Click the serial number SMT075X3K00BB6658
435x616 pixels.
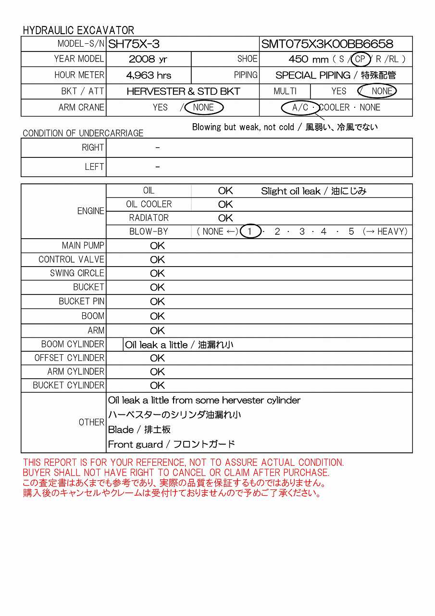(x=327, y=44)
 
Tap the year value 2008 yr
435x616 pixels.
(x=148, y=60)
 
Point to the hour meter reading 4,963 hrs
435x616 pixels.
(x=149, y=76)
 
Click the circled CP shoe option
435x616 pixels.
(x=360, y=60)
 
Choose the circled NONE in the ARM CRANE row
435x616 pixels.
(x=204, y=107)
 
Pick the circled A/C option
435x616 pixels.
(x=300, y=107)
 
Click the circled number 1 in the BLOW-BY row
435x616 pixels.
(x=250, y=231)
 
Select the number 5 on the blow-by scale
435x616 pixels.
(x=351, y=231)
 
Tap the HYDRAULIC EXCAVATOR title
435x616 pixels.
(x=78, y=30)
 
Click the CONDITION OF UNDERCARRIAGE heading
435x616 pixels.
(x=83, y=133)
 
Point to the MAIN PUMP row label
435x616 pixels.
(x=83, y=245)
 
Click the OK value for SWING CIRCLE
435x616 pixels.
(x=157, y=273)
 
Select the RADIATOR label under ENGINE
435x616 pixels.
(x=149, y=218)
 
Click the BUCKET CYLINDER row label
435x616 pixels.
(x=68, y=385)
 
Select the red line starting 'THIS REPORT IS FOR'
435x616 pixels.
(x=183, y=463)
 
